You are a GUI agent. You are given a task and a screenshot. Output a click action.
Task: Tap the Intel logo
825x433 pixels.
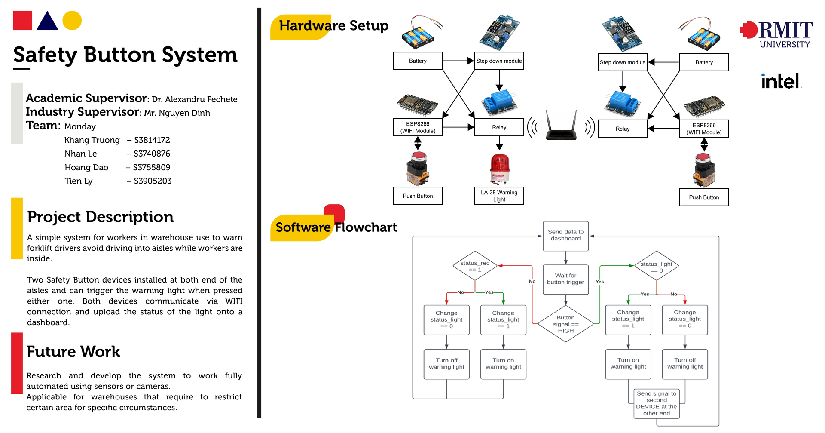[x=781, y=81]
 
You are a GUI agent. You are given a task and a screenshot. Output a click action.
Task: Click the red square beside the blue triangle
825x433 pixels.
[x=22, y=20]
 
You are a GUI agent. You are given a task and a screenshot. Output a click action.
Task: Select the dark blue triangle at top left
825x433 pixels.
[x=47, y=21]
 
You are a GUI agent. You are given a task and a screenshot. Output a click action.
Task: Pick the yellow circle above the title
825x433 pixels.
[x=72, y=20]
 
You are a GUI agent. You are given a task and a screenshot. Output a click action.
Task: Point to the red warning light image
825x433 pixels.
[x=500, y=169]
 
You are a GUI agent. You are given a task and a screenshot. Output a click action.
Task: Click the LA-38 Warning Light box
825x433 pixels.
[x=499, y=196]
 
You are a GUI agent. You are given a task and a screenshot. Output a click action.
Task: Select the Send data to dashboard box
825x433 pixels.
[x=565, y=236]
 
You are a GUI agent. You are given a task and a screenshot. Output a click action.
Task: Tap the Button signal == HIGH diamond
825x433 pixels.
[x=566, y=324]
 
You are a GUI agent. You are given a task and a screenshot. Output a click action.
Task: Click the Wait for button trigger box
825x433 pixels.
[x=565, y=279]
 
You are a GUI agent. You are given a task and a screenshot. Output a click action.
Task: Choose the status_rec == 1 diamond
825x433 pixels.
[x=475, y=266]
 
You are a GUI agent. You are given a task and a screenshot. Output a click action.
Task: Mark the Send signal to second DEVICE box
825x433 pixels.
[x=657, y=403]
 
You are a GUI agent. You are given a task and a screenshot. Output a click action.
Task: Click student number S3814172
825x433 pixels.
[x=152, y=140]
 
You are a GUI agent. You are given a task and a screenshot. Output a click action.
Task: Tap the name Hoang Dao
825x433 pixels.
[x=86, y=167]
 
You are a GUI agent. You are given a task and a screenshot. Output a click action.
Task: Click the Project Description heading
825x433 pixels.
[x=101, y=217]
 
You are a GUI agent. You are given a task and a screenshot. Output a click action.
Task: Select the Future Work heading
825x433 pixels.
[x=73, y=352]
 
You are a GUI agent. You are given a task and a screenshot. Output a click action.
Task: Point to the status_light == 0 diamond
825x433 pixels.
[x=657, y=266]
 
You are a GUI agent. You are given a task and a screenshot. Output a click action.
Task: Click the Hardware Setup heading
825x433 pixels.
[x=334, y=25]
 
